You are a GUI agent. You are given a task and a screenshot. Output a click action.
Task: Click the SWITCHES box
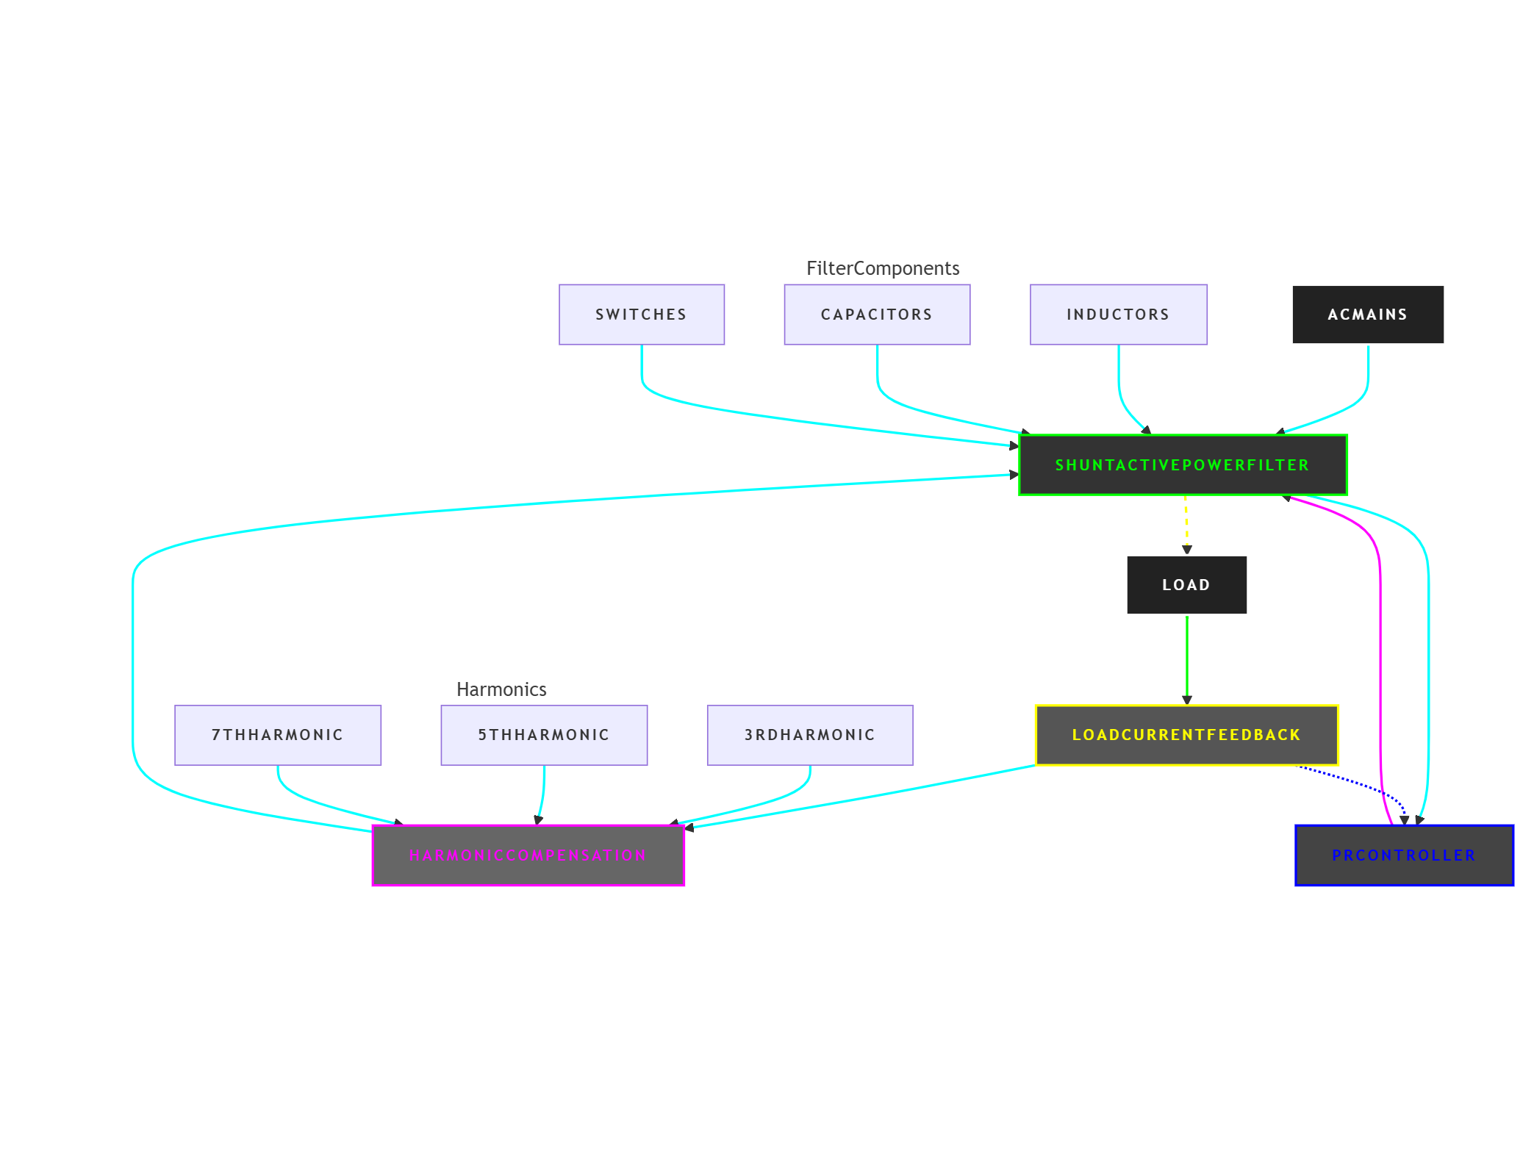641,315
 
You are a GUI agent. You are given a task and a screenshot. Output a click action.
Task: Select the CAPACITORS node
876,315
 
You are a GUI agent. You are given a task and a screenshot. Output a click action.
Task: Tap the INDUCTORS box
1118,315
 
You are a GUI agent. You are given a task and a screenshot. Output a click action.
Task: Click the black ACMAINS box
1367,315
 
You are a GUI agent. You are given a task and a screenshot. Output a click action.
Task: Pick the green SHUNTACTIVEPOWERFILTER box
1182,465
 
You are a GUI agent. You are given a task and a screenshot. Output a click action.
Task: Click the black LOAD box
1186,585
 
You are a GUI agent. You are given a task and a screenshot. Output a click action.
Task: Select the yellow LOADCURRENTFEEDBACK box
1186,735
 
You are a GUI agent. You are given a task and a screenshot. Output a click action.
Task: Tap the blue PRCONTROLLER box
1403,855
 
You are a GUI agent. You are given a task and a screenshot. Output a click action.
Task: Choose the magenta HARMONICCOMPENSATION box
528,855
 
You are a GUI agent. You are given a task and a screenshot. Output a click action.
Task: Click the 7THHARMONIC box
278,735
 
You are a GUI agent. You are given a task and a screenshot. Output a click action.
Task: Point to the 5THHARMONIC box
544,735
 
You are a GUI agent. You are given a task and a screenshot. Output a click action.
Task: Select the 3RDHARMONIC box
809,735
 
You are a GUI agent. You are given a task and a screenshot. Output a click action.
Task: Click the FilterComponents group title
882,268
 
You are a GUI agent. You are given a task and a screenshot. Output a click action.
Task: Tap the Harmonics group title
501,689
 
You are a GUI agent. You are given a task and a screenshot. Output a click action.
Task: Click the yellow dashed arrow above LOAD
1186,523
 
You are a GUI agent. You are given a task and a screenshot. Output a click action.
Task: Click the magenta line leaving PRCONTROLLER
1380,661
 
